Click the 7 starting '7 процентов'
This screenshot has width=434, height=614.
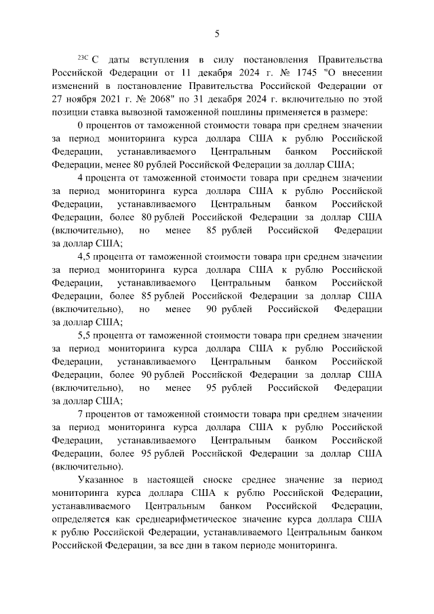pos(81,415)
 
